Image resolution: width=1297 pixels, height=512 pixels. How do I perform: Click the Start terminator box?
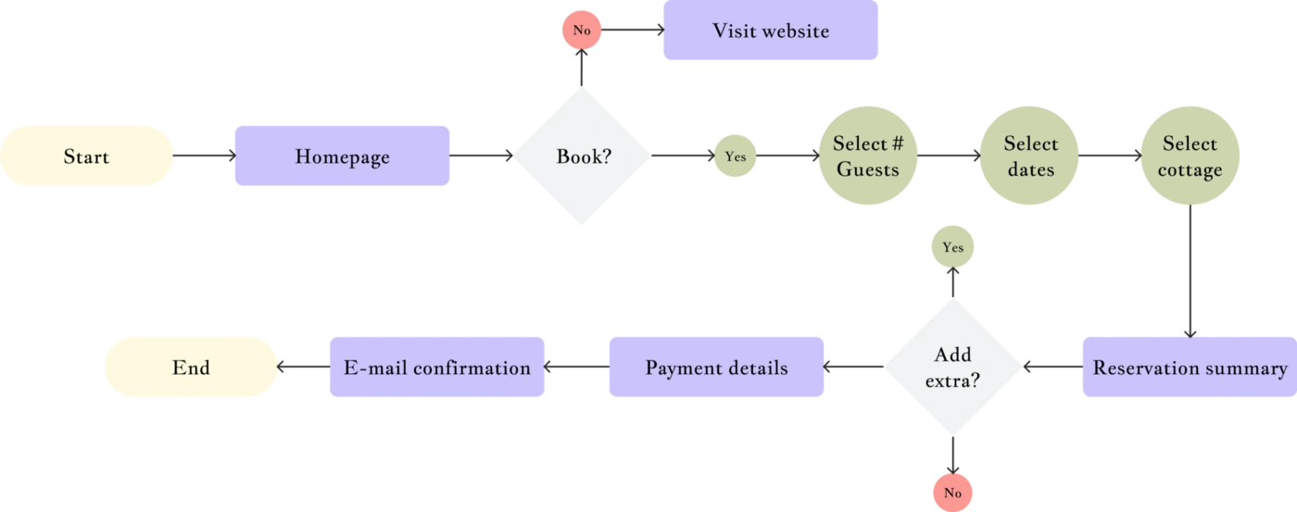[86, 156]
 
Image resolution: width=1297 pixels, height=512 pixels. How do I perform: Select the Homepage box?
[342, 157]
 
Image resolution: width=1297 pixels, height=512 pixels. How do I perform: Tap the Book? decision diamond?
[583, 156]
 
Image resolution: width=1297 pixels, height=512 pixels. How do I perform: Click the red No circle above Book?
[582, 30]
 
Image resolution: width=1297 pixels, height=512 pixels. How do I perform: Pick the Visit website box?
[771, 31]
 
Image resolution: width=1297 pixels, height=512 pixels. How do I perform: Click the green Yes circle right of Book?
[735, 156]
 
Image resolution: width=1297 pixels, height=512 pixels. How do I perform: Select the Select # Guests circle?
[867, 156]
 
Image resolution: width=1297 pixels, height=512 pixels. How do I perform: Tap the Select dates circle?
[1030, 156]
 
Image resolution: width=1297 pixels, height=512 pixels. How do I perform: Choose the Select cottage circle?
[1190, 156]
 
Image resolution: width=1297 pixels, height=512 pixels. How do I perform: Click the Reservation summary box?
[1190, 368]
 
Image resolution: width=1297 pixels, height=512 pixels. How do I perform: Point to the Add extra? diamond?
[952, 368]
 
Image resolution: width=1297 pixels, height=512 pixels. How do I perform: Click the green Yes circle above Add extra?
[952, 247]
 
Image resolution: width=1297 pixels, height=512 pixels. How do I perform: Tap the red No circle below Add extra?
[952, 493]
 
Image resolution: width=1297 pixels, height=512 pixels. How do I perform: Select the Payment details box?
[716, 368]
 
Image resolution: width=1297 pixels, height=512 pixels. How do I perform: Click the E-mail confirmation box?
[437, 368]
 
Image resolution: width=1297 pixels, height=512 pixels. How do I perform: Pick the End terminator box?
[191, 368]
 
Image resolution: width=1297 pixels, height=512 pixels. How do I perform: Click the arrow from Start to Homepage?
[204, 156]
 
